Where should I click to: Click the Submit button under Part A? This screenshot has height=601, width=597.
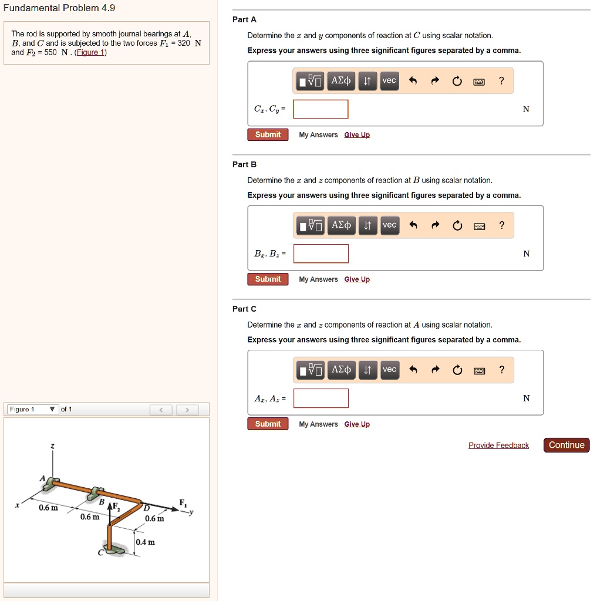[268, 134]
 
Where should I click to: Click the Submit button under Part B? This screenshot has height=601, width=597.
[268, 279]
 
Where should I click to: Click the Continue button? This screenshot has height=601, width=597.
[566, 445]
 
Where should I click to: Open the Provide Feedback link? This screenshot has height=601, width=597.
[498, 445]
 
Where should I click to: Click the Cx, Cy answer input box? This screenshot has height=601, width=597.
[321, 109]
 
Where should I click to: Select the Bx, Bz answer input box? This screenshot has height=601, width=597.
[321, 254]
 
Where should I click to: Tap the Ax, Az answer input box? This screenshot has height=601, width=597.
[321, 398]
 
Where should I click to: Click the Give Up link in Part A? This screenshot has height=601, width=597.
[357, 135]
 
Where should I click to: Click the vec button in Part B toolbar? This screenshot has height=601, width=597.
[389, 225]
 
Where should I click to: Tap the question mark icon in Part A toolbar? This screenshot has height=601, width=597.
[501, 81]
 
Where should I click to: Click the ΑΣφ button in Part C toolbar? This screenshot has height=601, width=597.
[341, 369]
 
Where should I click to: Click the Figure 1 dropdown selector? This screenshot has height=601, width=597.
[32, 409]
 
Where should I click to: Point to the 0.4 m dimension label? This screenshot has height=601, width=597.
[145, 542]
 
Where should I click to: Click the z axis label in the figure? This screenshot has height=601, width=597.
[52, 447]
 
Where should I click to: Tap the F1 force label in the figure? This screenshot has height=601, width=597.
[183, 502]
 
